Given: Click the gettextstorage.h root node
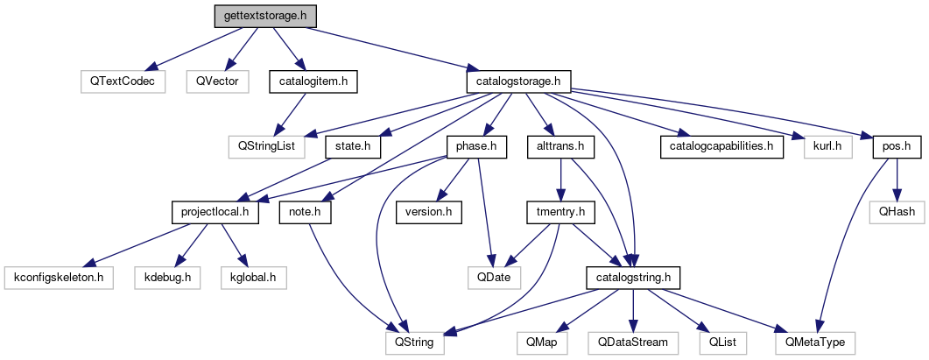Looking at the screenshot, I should (x=265, y=16).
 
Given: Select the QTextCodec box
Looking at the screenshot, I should (x=122, y=81).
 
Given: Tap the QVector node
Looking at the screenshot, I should (x=216, y=81).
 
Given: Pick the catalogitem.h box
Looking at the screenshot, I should (x=313, y=81).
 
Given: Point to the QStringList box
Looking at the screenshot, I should (x=261, y=146).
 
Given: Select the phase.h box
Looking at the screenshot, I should (x=476, y=146).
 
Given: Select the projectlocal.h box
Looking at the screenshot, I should (x=214, y=212).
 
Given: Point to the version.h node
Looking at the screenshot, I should (x=428, y=212).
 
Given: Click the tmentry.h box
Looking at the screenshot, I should (x=560, y=212).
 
